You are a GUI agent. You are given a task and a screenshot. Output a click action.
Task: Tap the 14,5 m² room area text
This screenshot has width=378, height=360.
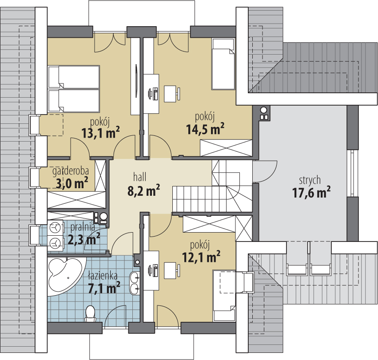point(205,129)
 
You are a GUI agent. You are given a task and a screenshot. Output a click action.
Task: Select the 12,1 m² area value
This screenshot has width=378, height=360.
point(202,256)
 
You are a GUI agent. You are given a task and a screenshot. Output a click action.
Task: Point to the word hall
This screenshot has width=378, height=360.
point(139,176)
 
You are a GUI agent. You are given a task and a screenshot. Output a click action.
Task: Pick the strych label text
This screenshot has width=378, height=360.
point(310,180)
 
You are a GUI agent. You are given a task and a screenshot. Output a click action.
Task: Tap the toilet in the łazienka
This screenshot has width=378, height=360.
point(91,313)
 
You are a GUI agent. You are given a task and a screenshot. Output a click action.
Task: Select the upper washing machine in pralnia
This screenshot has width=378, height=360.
point(56,228)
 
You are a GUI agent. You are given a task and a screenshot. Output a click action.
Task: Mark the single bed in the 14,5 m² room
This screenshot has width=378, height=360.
point(223,63)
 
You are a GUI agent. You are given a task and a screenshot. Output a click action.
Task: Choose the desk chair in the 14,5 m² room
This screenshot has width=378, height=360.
point(171,94)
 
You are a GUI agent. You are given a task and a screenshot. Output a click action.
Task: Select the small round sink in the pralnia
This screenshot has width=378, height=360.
point(103,218)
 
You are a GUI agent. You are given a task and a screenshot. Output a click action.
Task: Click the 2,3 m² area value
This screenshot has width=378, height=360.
point(84,240)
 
